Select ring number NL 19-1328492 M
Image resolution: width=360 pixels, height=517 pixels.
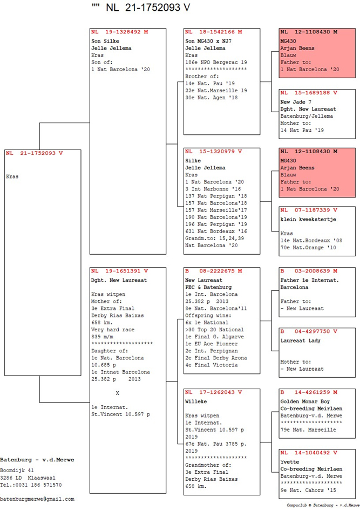(119, 32)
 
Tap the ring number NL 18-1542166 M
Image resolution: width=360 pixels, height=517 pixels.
(213, 32)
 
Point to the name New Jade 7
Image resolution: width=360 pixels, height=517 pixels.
(296, 101)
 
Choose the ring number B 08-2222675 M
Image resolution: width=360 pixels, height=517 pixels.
(213, 271)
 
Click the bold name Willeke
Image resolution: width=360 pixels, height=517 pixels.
(196, 402)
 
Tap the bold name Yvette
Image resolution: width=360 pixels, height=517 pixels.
(289, 462)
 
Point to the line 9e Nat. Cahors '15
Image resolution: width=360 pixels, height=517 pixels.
(309, 490)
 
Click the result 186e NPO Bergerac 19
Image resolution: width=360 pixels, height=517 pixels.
(216, 63)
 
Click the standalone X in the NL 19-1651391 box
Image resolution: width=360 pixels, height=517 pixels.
(117, 393)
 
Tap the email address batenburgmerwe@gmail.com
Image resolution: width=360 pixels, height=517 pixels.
(37, 499)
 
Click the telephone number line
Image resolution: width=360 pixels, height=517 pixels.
(31, 485)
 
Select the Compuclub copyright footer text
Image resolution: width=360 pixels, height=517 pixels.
(323, 506)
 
